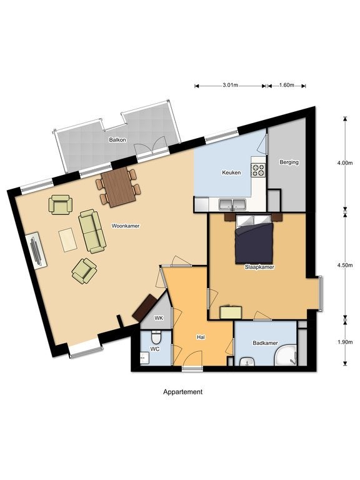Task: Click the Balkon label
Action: (x=117, y=140)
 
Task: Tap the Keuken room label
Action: (x=231, y=172)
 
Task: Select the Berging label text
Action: (x=289, y=162)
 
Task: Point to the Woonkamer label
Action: (x=126, y=226)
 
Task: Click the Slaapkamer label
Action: (x=259, y=267)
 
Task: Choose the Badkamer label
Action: (x=266, y=343)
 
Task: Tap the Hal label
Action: (x=201, y=337)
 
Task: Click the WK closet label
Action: (x=159, y=318)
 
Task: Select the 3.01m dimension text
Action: (x=230, y=85)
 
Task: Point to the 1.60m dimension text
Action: (x=286, y=85)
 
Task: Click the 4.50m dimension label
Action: (x=345, y=265)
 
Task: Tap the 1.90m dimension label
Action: (x=345, y=342)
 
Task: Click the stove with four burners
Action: (x=258, y=170)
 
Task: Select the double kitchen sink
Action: (x=232, y=204)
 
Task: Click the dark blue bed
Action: (x=254, y=239)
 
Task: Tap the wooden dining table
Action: (x=119, y=187)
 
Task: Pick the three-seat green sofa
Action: (x=92, y=231)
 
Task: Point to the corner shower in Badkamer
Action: (x=286, y=355)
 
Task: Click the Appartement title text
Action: (x=182, y=392)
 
